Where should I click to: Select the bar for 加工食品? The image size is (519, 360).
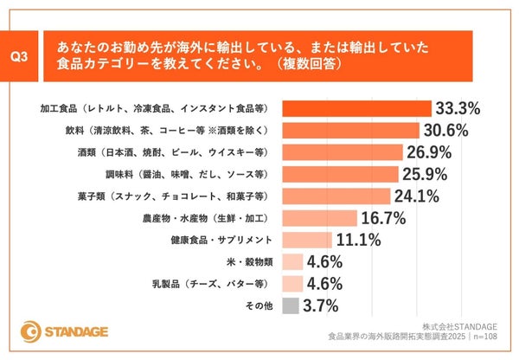pos(356,109)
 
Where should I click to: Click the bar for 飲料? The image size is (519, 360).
pos(350,131)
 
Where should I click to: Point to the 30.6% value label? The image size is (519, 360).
pos(446,131)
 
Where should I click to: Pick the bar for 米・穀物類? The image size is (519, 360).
pos(292,261)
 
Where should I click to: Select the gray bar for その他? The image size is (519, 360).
pos(290,305)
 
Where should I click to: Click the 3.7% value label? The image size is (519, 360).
pos(321,305)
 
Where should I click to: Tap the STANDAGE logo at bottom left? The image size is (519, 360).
pos(74,331)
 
